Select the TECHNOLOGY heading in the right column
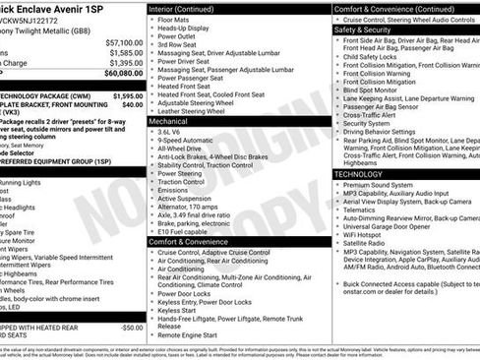point(358,173)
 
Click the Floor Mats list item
point(173,19)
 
